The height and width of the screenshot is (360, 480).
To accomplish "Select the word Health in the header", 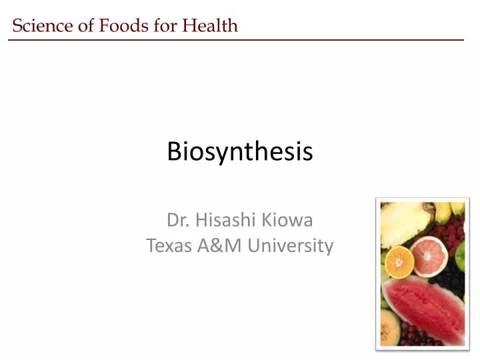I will pyautogui.click(x=210, y=26).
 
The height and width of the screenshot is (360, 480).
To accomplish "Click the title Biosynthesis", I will pyautogui.click(x=239, y=152).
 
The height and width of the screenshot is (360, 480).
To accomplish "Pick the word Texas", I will pyautogui.click(x=169, y=246).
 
